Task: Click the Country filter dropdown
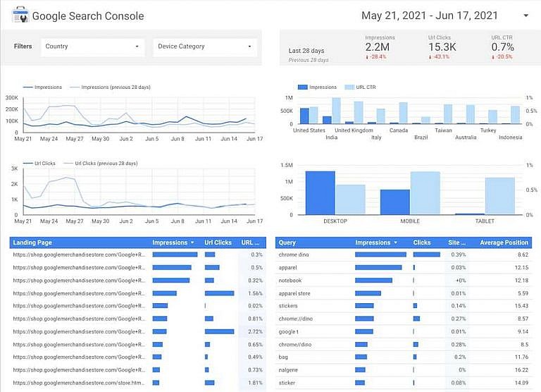point(92,47)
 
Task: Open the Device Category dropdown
point(204,47)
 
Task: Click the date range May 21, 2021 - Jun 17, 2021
point(430,16)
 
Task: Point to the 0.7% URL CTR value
point(502,47)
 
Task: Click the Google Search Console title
point(87,16)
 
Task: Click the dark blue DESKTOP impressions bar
point(320,192)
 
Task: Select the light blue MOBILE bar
point(425,192)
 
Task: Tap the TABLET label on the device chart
point(484,221)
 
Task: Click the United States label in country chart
point(309,130)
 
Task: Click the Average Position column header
point(504,243)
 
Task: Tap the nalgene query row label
point(289,369)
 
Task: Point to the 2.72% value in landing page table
point(256,331)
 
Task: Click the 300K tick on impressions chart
point(11,98)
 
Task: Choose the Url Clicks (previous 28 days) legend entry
point(106,163)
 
